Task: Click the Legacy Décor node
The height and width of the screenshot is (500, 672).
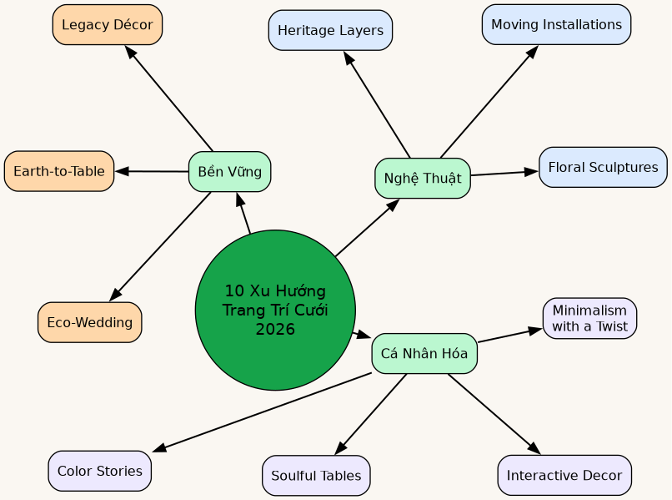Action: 107,25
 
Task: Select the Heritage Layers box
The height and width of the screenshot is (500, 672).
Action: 330,31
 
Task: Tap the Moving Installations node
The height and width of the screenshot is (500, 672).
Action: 556,25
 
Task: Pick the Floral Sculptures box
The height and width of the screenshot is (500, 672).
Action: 603,168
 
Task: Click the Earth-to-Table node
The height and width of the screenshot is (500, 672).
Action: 59,171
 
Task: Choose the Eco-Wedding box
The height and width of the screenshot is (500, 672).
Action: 90,322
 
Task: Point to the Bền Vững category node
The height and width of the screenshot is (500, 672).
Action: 229,172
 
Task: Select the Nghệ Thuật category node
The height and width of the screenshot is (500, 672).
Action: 423,178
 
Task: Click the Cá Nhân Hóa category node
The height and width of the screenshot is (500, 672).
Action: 424,353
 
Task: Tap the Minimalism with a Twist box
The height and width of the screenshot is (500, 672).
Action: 589,318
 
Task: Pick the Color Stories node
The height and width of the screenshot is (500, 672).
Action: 100,471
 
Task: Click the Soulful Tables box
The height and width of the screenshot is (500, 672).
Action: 316,476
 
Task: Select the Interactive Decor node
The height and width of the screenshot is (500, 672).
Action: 564,475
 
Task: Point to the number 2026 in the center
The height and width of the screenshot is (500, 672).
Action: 275,330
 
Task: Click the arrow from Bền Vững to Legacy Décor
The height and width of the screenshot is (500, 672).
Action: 169,98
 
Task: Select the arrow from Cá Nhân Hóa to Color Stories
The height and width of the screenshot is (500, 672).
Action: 263,412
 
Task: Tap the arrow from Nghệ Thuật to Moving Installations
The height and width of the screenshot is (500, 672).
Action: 489,102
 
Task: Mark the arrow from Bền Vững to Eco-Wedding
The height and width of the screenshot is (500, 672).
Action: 160,246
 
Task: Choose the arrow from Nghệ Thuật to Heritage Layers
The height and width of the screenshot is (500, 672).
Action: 377,104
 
